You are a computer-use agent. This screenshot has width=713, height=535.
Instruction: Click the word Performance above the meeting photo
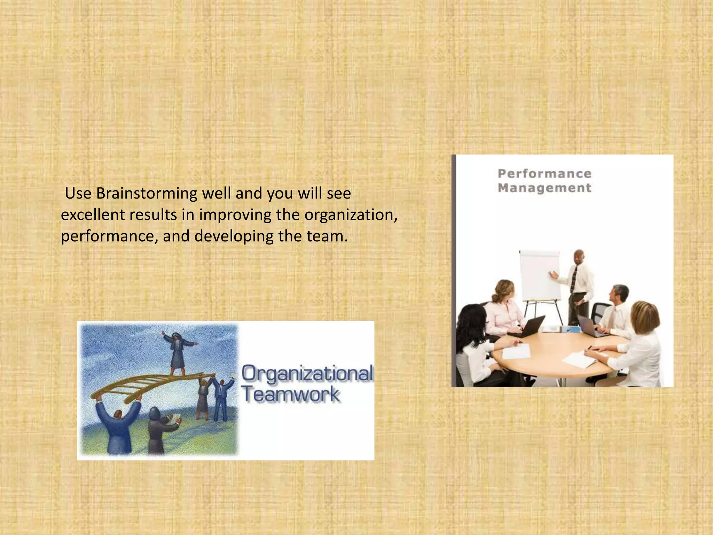coord(544,173)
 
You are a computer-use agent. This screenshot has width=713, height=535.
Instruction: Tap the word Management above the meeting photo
coord(544,188)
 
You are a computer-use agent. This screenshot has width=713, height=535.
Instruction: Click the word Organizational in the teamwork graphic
coord(307,373)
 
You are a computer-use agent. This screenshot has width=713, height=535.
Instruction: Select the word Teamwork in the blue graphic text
coord(291,395)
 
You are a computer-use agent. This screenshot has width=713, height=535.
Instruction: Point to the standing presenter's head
coord(579,257)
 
